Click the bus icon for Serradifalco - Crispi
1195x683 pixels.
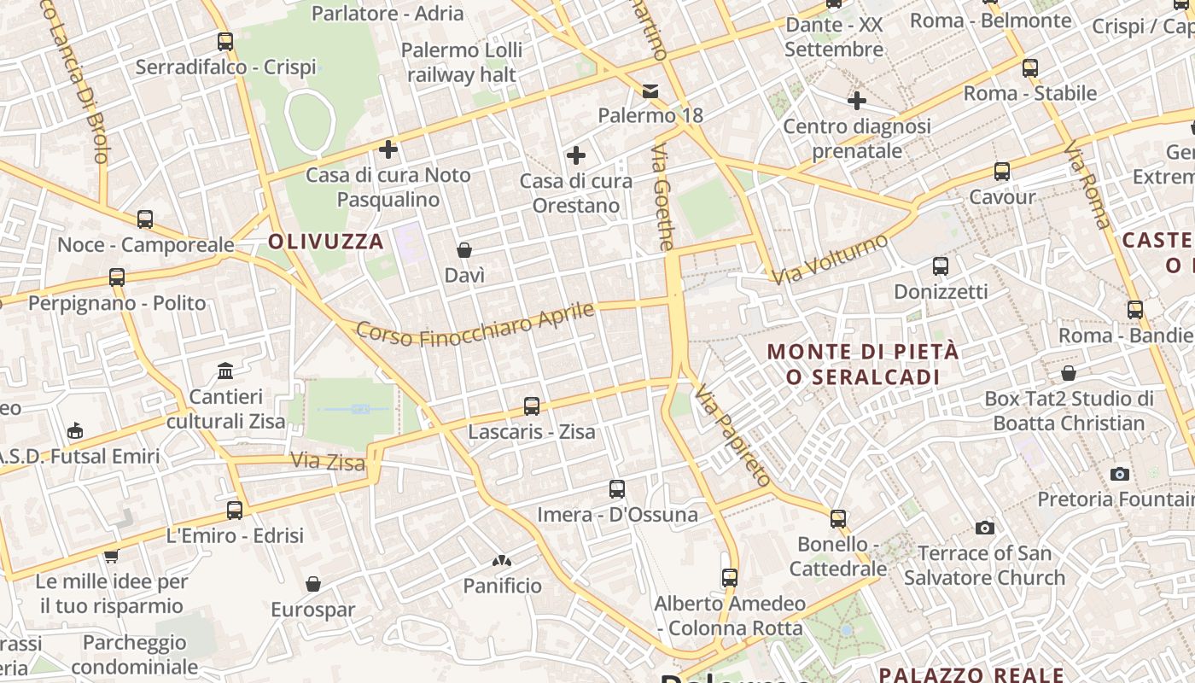point(225,41)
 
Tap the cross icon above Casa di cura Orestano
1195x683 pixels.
point(576,155)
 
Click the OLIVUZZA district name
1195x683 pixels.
point(326,242)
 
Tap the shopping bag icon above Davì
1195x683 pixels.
point(464,250)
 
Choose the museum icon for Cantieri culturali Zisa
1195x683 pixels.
point(225,371)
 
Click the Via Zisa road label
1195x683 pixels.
point(328,462)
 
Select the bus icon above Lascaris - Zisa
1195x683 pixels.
point(532,406)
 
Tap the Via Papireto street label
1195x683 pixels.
point(732,435)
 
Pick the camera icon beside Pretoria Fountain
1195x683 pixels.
point(1120,474)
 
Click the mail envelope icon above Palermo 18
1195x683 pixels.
point(650,90)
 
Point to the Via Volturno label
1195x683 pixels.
point(830,259)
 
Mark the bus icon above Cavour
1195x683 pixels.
point(1002,172)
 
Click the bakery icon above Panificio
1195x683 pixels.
point(502,561)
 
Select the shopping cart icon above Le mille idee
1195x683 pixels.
point(111,557)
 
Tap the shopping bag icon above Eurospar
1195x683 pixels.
point(313,584)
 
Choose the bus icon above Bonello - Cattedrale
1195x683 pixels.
point(838,518)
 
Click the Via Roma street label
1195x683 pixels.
point(1087,186)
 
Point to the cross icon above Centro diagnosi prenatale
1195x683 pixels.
point(857,102)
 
